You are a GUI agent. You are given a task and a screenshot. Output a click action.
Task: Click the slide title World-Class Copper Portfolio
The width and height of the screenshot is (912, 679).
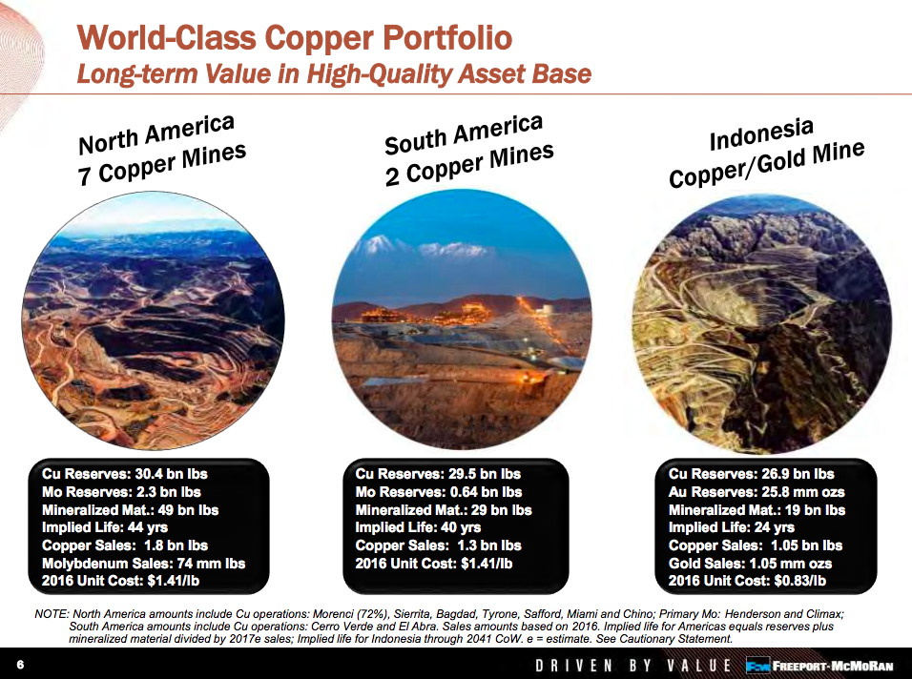tap(294, 38)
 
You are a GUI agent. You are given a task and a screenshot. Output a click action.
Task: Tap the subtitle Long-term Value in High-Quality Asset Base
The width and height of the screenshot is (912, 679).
tap(334, 73)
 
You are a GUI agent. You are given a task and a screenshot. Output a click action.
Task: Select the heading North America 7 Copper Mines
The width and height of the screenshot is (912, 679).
tap(162, 151)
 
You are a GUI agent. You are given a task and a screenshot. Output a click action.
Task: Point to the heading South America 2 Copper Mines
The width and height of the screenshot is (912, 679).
tap(467, 151)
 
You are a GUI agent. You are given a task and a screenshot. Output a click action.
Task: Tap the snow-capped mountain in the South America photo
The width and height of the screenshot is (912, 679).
tap(401, 250)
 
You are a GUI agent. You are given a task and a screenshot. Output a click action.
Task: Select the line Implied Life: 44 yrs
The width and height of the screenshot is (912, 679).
tap(105, 527)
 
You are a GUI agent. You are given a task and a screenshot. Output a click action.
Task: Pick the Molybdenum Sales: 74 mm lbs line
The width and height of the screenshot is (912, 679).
tap(143, 563)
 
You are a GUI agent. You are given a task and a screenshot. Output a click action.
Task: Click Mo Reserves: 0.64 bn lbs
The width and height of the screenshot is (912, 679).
tap(439, 491)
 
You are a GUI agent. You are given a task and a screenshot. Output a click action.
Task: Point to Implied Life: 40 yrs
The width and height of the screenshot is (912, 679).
tap(418, 527)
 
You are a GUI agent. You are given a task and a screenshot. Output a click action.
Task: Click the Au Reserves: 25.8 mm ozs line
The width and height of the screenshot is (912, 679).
tap(757, 491)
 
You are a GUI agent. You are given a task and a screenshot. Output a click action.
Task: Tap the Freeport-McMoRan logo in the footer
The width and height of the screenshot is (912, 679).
tap(821, 665)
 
